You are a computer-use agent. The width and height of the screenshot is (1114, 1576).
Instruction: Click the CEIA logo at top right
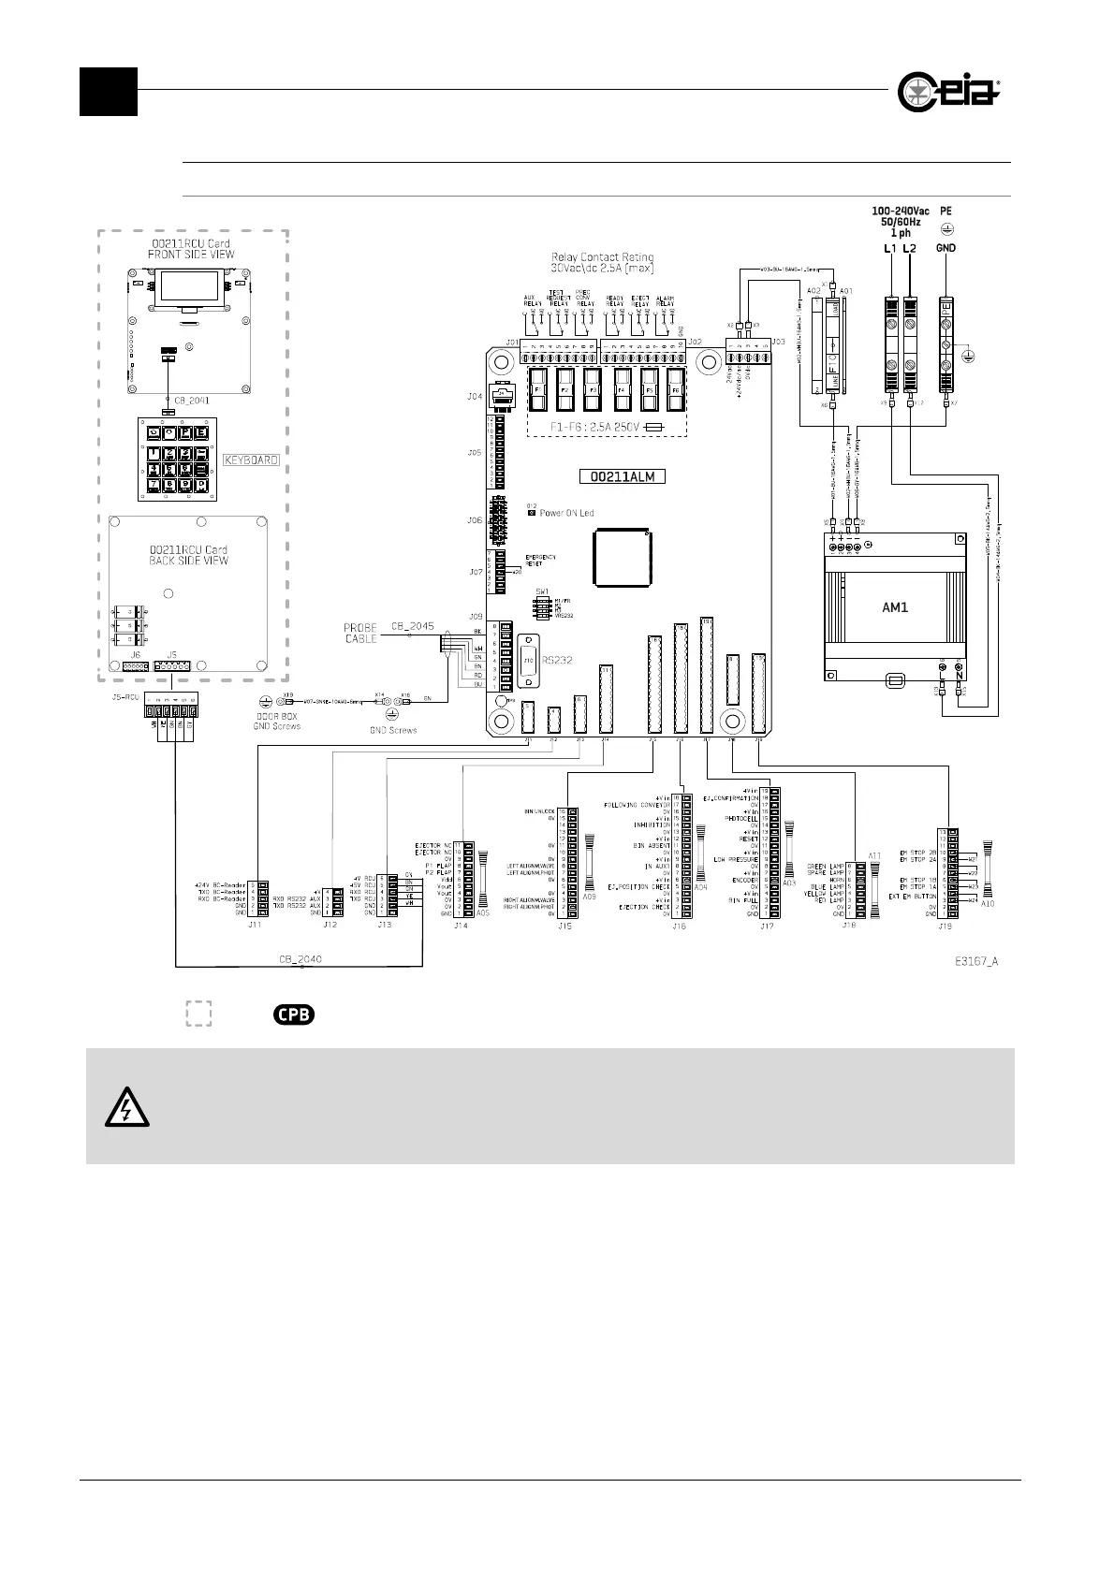click(x=948, y=92)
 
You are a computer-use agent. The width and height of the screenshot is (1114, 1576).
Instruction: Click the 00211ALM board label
click(x=623, y=475)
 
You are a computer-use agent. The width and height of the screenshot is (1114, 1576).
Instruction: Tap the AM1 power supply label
click(x=895, y=606)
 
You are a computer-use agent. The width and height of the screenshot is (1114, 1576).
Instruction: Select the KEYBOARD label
click(x=251, y=460)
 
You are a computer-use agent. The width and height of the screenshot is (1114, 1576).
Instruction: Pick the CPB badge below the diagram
click(x=293, y=1014)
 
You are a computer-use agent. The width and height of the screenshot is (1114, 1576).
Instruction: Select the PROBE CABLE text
click(x=360, y=633)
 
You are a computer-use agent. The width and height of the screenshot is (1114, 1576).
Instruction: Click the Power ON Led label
click(x=566, y=513)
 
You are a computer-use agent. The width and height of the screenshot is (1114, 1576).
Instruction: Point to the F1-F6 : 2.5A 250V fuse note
click(x=597, y=426)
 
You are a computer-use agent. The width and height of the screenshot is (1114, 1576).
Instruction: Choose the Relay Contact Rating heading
click(x=603, y=256)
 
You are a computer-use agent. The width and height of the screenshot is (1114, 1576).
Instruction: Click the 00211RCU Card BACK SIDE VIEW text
click(x=189, y=555)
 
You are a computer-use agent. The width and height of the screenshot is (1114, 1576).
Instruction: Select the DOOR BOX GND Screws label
click(x=275, y=722)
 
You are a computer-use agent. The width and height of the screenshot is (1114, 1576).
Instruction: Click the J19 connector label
click(x=945, y=926)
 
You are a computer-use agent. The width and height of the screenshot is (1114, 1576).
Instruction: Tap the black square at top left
click(x=109, y=92)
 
